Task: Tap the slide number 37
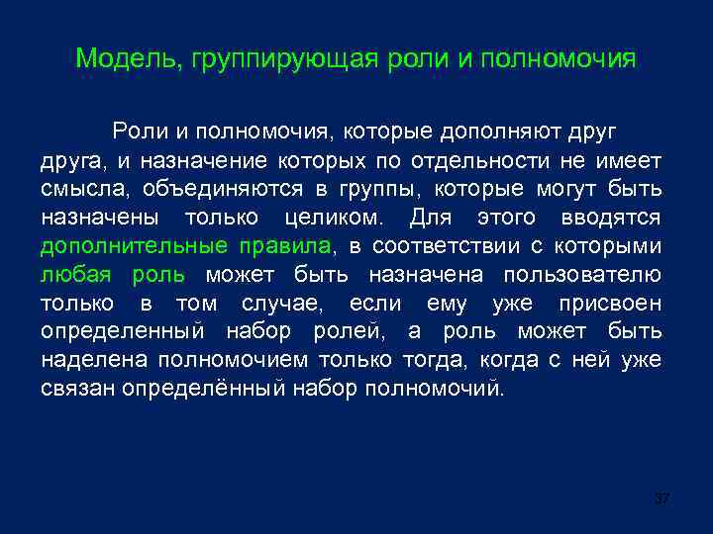[662, 497]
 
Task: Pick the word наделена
[88, 359]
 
